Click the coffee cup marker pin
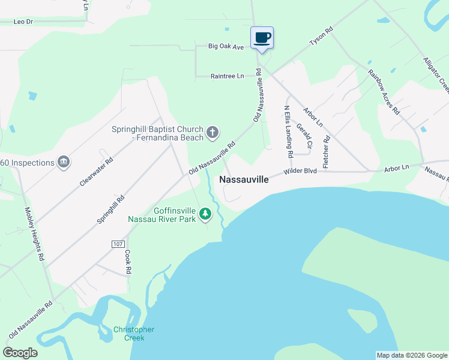tap(262, 38)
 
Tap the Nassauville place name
tap(244, 179)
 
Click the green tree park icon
tap(205, 214)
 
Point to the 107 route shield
tap(118, 244)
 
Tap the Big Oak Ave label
tap(226, 46)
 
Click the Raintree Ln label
tap(228, 76)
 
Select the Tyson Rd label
tap(321, 37)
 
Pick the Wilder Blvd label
tap(300, 171)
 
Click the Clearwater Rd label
tap(97, 172)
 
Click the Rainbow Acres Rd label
tap(384, 92)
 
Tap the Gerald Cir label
tap(303, 136)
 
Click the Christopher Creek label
tap(134, 334)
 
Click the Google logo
tap(20, 353)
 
